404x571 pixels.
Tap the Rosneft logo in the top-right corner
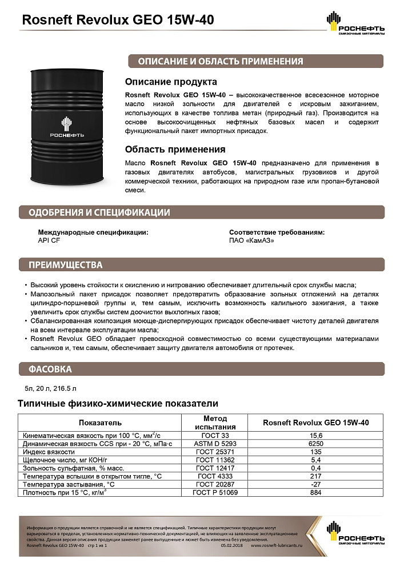pyautogui.click(x=355, y=25)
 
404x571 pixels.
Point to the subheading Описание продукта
pyautogui.click(x=171, y=82)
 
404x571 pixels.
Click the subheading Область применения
pyautogui.click(x=175, y=150)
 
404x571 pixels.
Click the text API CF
pyautogui.click(x=49, y=240)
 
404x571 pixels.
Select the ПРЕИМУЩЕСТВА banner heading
pyautogui.click(x=66, y=265)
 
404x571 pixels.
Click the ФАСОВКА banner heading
pyautogui.click(x=50, y=369)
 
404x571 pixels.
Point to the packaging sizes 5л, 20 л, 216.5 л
pyautogui.click(x=47, y=388)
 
